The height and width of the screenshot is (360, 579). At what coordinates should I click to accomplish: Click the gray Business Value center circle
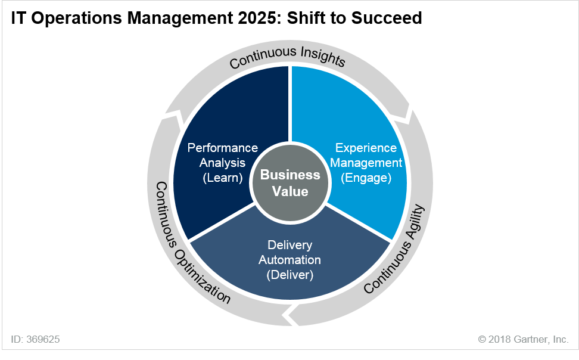click(290, 184)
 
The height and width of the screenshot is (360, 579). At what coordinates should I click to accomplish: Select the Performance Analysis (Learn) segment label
click(223, 163)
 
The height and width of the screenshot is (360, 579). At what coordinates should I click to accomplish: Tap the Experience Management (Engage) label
click(366, 163)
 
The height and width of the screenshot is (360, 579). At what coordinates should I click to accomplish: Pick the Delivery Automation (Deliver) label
click(290, 260)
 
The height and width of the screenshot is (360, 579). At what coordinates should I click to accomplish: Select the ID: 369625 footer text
click(35, 339)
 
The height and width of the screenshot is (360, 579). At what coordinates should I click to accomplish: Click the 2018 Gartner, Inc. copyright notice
click(523, 339)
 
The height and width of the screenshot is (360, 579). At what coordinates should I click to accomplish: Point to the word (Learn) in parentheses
click(223, 178)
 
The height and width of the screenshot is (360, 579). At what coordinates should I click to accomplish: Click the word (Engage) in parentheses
click(366, 178)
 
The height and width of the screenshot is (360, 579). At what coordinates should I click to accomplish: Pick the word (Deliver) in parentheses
click(290, 275)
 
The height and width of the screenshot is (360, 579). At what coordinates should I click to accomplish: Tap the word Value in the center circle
click(290, 191)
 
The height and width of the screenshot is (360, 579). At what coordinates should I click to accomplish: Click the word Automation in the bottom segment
click(290, 260)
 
